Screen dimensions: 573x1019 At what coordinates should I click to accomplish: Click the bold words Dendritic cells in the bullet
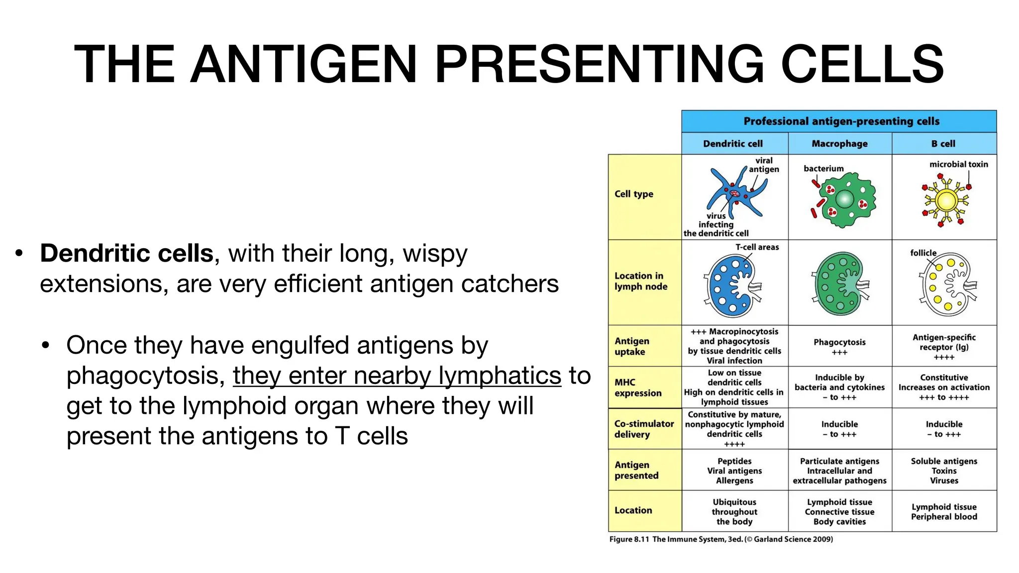coord(127,253)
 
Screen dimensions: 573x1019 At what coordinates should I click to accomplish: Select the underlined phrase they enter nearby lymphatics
coord(397,376)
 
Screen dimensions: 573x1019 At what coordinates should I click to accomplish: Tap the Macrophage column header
coord(839,144)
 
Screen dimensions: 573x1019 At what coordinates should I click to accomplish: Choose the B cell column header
coord(943,144)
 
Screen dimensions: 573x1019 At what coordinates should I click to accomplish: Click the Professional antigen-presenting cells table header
coord(841,121)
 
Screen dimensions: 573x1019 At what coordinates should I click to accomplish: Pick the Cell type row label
coord(634,194)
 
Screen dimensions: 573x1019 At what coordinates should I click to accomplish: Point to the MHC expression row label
coord(638,387)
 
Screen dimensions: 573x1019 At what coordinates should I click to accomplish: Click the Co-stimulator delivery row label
coord(644,429)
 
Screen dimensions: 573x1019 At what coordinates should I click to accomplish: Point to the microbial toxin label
coord(958,164)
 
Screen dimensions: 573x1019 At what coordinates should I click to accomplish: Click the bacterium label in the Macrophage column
coord(823,169)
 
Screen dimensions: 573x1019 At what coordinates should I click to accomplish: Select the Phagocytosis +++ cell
coord(839,347)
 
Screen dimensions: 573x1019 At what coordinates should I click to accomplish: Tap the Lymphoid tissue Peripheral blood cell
coord(944,511)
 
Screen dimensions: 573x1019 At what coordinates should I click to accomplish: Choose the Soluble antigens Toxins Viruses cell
coord(944,471)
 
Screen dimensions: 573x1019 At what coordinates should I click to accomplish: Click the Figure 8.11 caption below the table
coord(720,539)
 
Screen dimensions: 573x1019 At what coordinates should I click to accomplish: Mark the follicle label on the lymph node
coord(923,253)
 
